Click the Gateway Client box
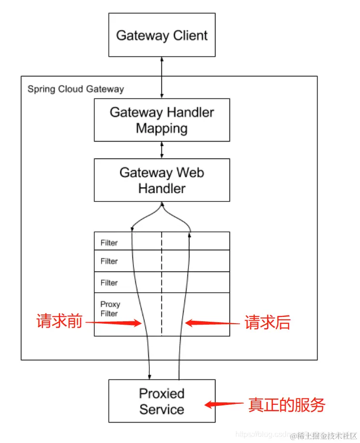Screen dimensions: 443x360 [162, 35]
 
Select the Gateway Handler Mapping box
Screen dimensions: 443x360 [162, 120]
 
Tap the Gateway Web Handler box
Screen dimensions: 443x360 [162, 180]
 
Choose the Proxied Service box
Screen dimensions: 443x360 [162, 401]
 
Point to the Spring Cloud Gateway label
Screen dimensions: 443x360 [75, 89]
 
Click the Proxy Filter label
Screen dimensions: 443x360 [110, 309]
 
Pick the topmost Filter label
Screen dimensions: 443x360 [109, 243]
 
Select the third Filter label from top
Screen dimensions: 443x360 [109, 283]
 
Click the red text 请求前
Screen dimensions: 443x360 [59, 322]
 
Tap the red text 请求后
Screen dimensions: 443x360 [267, 323]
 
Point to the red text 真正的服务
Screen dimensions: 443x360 [287, 405]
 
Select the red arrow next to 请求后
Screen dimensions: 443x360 [213, 323]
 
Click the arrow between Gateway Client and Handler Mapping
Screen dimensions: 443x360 [162, 77]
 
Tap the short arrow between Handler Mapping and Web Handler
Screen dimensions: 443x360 [162, 150]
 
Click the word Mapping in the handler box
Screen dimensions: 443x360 [162, 129]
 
